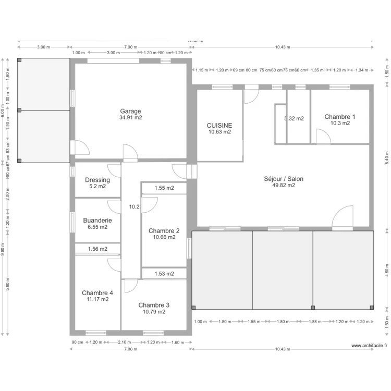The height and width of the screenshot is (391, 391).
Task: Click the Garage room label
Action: point(130,111)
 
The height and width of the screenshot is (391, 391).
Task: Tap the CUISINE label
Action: point(219,126)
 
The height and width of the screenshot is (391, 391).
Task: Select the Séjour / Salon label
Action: point(284,179)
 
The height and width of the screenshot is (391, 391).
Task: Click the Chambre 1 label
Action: point(340,117)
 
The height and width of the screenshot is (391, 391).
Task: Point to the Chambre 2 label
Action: point(164,231)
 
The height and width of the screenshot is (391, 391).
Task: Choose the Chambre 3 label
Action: point(154,305)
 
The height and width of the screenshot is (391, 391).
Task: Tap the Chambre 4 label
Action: point(97,293)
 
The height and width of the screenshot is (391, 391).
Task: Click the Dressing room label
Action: point(97,180)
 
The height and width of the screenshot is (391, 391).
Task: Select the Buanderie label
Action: point(97,221)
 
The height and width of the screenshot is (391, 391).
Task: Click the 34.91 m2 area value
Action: point(130,118)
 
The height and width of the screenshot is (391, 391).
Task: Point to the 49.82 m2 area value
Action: point(284,185)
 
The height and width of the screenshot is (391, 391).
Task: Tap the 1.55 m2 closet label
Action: point(164,188)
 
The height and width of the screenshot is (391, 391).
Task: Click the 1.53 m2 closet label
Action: point(164,274)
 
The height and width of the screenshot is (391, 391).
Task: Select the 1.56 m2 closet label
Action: point(97,249)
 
